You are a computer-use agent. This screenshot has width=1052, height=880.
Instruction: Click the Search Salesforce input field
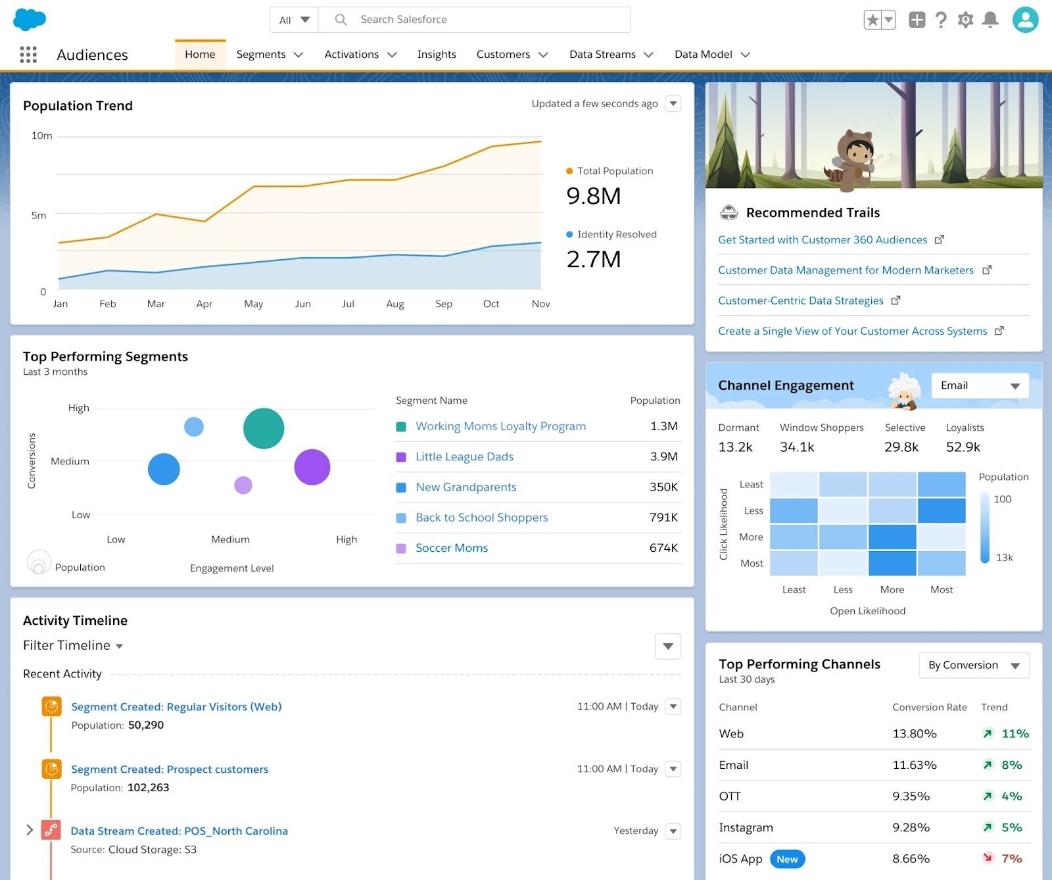coord(473,20)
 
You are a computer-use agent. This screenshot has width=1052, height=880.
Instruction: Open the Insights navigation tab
coord(437,55)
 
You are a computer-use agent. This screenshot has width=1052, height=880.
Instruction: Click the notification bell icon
coord(990,20)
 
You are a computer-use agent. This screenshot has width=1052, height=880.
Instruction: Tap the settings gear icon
coord(965,20)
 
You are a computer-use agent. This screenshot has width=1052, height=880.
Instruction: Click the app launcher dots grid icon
coord(28,55)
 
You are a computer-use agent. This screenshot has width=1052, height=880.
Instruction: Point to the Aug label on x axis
coord(395,304)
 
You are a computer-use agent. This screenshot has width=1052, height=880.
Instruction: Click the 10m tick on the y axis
coord(41,136)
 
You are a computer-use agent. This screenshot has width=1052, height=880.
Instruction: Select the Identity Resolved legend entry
coord(616,235)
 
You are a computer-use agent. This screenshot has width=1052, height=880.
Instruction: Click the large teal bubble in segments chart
coord(264,429)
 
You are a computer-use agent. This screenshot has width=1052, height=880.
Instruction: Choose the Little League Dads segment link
coord(464,457)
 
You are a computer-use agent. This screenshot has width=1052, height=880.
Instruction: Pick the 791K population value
coord(663,518)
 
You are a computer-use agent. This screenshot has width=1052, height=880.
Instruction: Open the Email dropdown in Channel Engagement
coord(980,386)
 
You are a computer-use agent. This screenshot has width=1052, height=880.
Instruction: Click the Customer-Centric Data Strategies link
coord(800,301)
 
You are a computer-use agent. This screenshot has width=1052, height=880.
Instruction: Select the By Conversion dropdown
coord(974,666)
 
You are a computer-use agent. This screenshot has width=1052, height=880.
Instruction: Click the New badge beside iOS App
coord(787,860)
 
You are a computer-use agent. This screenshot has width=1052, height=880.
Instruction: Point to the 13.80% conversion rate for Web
coord(914,734)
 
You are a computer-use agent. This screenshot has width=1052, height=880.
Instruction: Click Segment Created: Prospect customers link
coord(170,770)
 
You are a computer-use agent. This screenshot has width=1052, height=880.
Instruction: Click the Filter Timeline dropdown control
coord(73,646)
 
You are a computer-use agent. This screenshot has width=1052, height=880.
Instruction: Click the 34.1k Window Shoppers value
coord(797,448)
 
